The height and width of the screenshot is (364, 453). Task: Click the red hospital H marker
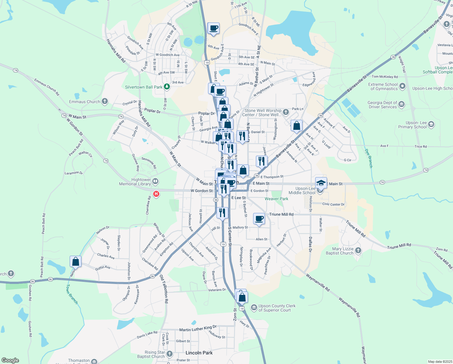tap(156, 194)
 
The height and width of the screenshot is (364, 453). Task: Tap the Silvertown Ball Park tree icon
tap(167, 87)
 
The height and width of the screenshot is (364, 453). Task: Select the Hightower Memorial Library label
tap(135, 182)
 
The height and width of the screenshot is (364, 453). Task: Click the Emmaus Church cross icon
tap(105, 101)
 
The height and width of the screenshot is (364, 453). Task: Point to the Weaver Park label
tap(276, 199)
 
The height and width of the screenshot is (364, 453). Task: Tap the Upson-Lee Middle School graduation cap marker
tap(321, 183)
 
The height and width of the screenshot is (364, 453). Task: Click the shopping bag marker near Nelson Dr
tap(75, 261)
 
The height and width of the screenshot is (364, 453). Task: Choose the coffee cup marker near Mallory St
tap(259, 218)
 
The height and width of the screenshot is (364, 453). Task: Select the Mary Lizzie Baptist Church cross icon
tap(358, 251)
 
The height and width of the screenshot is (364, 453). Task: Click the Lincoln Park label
tap(199, 353)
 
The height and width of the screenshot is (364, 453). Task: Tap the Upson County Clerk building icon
tap(254, 308)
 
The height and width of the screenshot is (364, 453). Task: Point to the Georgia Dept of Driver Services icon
tap(402, 105)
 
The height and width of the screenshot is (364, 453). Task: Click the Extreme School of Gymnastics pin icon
tap(402, 86)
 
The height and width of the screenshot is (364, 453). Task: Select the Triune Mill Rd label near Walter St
tap(281, 214)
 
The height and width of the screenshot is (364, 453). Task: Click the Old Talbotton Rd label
tap(164, 289)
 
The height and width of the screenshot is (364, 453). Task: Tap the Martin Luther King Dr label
tap(198, 329)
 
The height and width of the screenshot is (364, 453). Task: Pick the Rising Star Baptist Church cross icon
tap(170, 354)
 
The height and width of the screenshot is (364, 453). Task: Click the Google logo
tap(10, 360)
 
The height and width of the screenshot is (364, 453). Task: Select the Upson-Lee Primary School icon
tap(431, 124)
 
